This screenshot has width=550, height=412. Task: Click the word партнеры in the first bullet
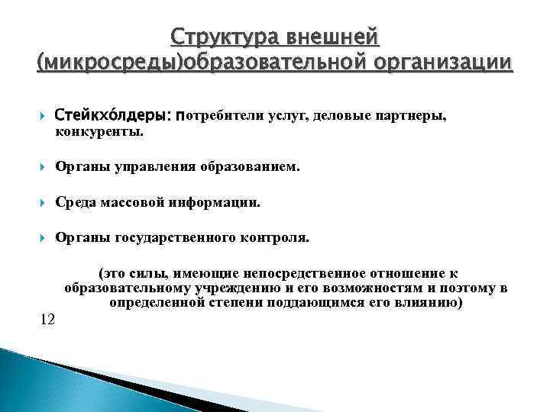click(409, 115)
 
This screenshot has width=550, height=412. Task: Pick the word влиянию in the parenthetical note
click(430, 302)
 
